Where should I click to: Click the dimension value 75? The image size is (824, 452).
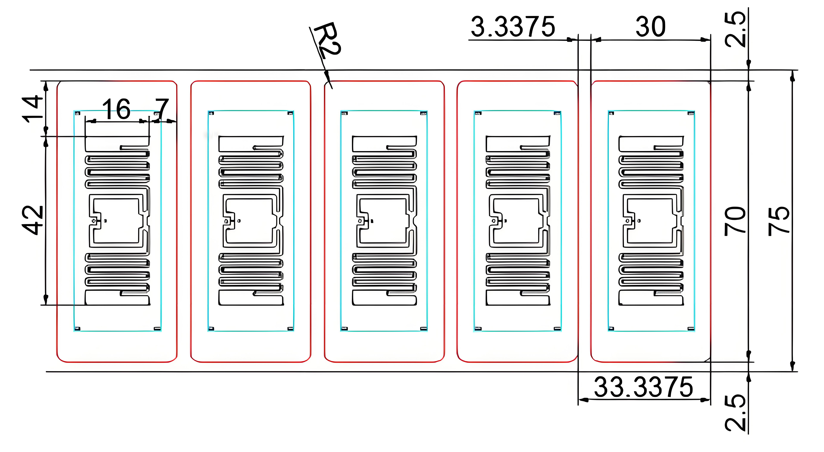coord(779,221)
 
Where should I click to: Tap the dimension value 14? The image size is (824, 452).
coord(32,109)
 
